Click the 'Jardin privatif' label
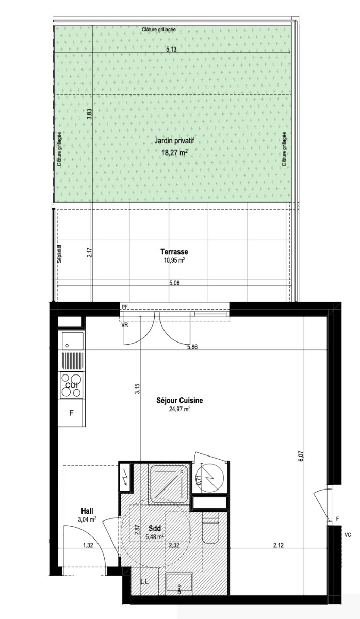pos(174,141)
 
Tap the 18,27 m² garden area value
pos(174,152)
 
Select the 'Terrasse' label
pos(174,252)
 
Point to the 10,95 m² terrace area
pos(174,260)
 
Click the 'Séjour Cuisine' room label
pos(179,400)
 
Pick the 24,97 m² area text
pos(179,409)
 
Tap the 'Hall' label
pos(87,510)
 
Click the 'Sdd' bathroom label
pos(155,528)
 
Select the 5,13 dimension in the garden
pos(171,50)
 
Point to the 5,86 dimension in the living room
pos(192,347)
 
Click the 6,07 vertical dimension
pos(301,456)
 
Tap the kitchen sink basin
pos(72,341)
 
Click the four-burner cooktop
pos(72,385)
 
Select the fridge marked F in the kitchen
pos(72,413)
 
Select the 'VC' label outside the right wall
pos(348,535)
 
